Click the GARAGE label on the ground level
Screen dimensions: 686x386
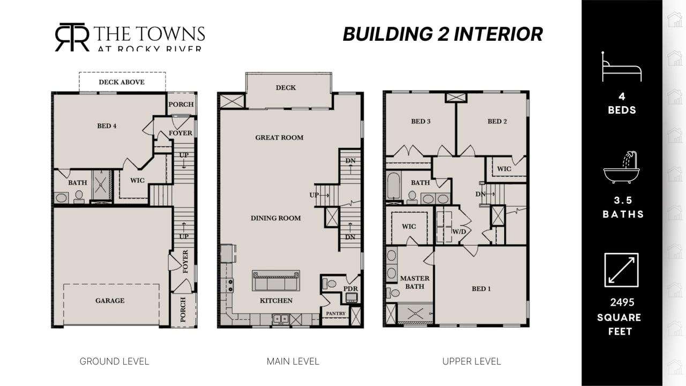coord(110,301)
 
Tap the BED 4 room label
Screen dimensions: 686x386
coord(107,126)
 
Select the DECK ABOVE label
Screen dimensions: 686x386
coord(122,82)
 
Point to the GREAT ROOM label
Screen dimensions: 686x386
coord(279,138)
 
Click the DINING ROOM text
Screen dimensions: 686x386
coord(275,218)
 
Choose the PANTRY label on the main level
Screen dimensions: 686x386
coord(335,314)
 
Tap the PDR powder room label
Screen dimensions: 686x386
coord(351,288)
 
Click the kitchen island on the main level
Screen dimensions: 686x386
coord(276,280)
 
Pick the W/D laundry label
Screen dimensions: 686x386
coord(459,232)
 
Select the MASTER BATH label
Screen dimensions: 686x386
coord(415,282)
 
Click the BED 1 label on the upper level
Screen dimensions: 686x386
coord(481,288)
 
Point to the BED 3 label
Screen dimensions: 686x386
coord(421,121)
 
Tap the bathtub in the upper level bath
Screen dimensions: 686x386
coord(393,185)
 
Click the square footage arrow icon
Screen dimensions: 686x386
coord(621,270)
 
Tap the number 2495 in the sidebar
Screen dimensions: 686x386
coord(622,302)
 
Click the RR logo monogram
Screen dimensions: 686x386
coord(72,37)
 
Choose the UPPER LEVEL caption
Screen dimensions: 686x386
coord(472,361)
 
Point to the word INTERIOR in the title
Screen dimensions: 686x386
coord(498,34)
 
